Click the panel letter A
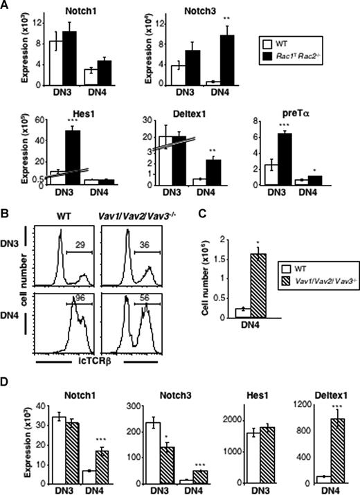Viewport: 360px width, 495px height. [x=6, y=6]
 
